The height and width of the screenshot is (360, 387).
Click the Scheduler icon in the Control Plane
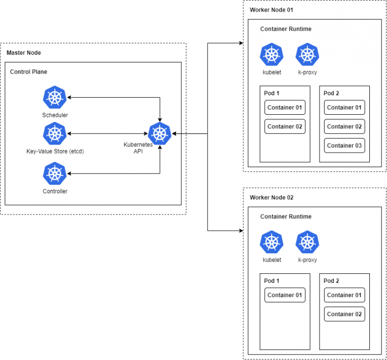click(55, 97)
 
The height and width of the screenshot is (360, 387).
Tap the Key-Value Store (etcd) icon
click(55, 133)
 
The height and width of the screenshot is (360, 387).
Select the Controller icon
click(55, 173)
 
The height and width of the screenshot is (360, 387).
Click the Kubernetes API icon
click(160, 133)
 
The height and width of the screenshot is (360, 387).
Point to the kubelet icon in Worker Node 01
click(272, 55)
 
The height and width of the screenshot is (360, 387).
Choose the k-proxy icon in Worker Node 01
click(307, 55)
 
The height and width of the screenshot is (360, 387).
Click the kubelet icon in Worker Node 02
click(272, 242)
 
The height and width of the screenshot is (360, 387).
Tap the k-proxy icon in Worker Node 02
click(307, 242)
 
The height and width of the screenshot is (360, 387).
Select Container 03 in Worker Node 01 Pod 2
click(344, 146)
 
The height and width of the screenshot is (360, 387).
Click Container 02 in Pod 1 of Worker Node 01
click(285, 126)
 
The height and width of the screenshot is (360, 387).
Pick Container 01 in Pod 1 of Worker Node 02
click(285, 295)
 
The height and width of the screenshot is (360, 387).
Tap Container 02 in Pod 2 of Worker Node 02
click(344, 314)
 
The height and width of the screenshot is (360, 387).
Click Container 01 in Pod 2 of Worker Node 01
click(344, 107)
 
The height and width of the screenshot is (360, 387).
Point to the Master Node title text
click(24, 53)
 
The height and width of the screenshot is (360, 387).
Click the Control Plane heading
click(29, 72)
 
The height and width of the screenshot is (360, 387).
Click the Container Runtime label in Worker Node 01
click(286, 29)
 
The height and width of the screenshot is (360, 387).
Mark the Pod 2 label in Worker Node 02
click(332, 281)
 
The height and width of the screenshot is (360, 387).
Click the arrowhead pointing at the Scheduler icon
click(70, 97)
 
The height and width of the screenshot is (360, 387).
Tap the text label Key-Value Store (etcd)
click(55, 151)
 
